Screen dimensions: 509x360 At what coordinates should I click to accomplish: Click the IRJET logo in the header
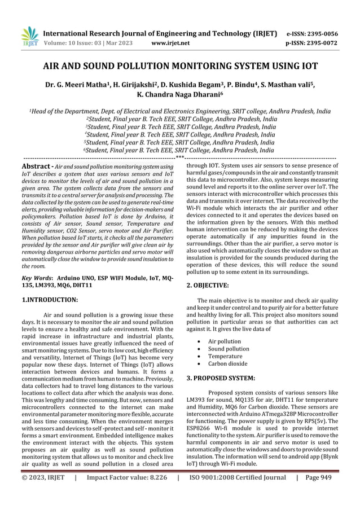pyautogui.click(x=28, y=36)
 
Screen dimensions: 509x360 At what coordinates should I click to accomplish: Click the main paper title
pyautogui.click(x=180, y=66)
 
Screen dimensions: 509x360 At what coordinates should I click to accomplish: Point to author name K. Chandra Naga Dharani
pyautogui.click(x=180, y=95)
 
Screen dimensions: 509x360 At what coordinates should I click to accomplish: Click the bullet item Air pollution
pyautogui.click(x=224, y=341)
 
